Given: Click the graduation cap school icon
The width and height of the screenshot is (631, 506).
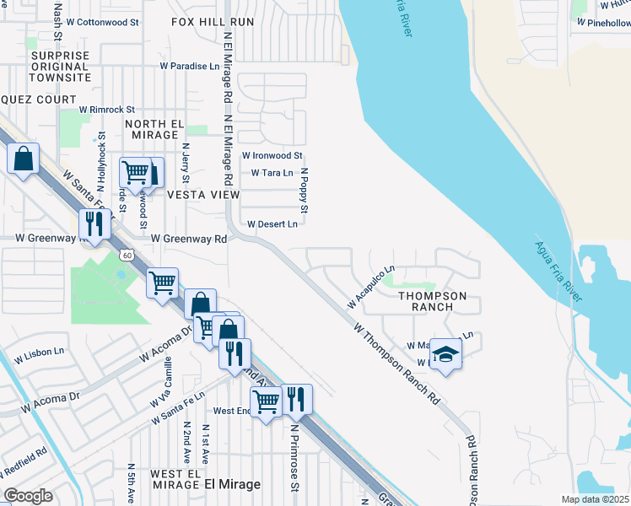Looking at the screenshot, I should pyautogui.click(x=446, y=355).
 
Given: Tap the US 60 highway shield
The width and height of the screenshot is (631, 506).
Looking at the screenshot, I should pyautogui.click(x=125, y=253).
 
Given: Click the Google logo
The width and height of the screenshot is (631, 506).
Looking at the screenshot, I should pyautogui.click(x=28, y=496).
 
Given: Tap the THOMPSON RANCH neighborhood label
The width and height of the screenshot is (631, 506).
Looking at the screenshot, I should pyautogui.click(x=432, y=301).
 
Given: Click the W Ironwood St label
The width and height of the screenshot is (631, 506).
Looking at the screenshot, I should pyautogui.click(x=272, y=155).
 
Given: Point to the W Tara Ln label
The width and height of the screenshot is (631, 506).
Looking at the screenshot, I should pyautogui.click(x=272, y=173).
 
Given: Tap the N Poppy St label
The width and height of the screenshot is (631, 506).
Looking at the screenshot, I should pyautogui.click(x=305, y=190).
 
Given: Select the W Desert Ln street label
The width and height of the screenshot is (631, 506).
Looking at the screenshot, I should pyautogui.click(x=272, y=224).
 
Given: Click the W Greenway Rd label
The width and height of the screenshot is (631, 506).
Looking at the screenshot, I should pyautogui.click(x=190, y=239).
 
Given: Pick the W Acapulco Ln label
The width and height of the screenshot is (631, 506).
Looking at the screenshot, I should pyautogui.click(x=370, y=288).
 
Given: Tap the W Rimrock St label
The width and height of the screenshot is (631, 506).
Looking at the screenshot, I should pyautogui.click(x=107, y=110).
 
